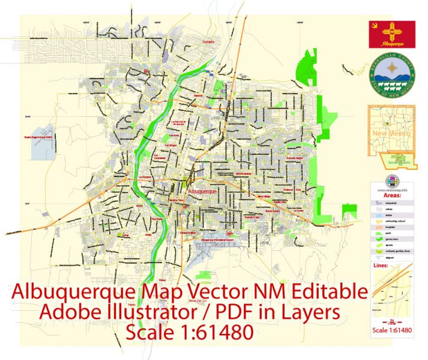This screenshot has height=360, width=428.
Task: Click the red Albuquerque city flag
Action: click(x=391, y=34)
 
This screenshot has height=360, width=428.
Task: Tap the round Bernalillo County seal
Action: click(x=391, y=80)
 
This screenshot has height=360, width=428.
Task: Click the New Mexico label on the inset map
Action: click(x=388, y=132)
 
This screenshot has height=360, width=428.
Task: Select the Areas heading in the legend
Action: click(x=384, y=195)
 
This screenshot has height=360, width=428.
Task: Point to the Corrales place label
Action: click(x=208, y=41)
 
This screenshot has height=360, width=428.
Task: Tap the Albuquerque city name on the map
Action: click(x=204, y=190)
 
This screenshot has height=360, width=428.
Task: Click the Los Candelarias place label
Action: click(x=159, y=157)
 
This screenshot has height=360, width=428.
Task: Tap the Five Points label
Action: click(x=157, y=220)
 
